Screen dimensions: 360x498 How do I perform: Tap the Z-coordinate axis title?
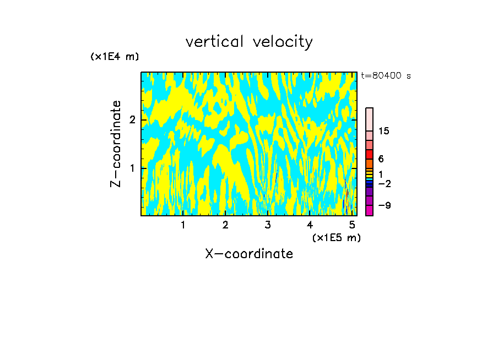[116, 144]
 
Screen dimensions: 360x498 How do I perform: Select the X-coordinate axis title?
[249, 254]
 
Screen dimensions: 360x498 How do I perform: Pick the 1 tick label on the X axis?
[183, 225]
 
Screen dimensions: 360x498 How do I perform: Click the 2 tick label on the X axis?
[225, 225]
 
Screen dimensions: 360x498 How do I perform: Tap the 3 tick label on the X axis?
[268, 225]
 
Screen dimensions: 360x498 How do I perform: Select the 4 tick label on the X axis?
[310, 225]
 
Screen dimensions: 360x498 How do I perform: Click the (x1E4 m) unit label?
[115, 57]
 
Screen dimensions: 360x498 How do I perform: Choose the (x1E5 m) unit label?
[336, 237]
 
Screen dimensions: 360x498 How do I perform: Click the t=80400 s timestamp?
[386, 76]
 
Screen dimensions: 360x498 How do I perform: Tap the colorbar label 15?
[384, 131]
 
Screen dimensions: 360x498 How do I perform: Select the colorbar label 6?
[381, 159]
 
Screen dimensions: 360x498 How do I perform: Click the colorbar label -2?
[384, 183]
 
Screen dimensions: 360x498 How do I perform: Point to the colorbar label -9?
[384, 205]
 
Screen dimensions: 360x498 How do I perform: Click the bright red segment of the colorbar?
[369, 154]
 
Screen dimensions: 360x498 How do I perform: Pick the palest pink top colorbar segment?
[369, 119]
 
